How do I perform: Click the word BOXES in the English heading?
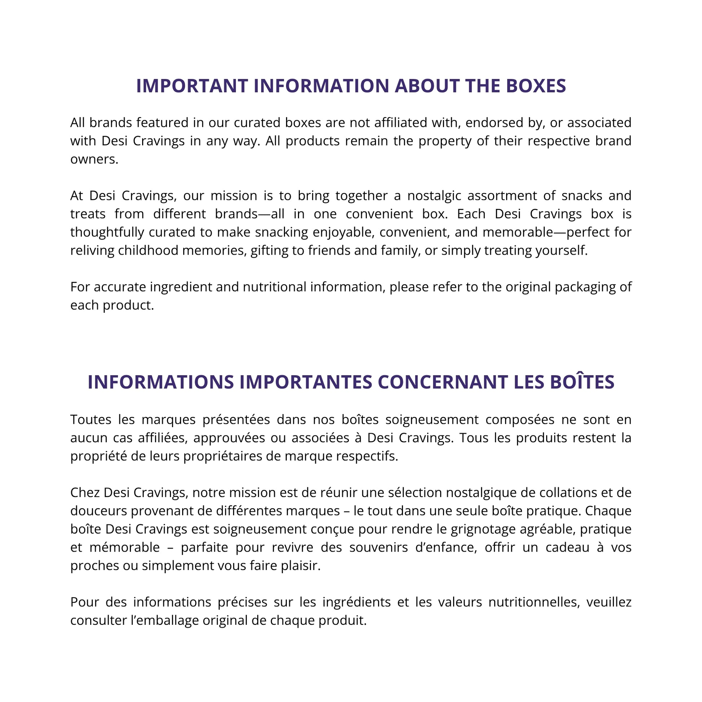(536, 86)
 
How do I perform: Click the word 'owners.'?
(95, 159)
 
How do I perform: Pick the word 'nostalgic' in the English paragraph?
(434, 196)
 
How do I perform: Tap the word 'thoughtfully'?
(107, 232)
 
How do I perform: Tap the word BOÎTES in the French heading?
(582, 382)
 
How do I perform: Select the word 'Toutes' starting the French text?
(91, 420)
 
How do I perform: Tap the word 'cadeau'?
(567, 547)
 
